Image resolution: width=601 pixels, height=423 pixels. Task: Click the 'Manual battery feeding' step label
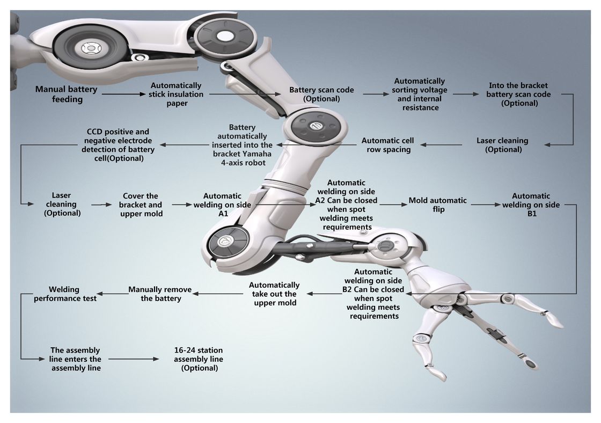(66, 94)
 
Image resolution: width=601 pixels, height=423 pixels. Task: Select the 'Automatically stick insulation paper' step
(176, 94)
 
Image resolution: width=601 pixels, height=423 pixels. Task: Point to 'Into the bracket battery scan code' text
(518, 94)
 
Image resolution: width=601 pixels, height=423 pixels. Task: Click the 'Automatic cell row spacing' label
(389, 145)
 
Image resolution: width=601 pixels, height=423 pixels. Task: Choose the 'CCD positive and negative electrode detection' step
(118, 145)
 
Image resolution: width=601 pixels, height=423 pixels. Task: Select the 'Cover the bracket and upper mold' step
(140, 205)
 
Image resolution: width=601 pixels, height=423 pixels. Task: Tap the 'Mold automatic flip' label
(438, 205)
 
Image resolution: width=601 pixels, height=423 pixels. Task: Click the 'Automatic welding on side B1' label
(531, 205)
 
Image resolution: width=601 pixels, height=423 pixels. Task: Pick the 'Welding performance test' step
(65, 293)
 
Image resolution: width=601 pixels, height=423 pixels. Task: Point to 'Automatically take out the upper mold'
(274, 294)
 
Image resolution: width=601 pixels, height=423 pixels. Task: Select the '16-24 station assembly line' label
(199, 359)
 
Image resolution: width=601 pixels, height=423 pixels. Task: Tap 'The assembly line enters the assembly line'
(76, 359)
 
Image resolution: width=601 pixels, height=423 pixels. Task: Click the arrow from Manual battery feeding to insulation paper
(123, 94)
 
